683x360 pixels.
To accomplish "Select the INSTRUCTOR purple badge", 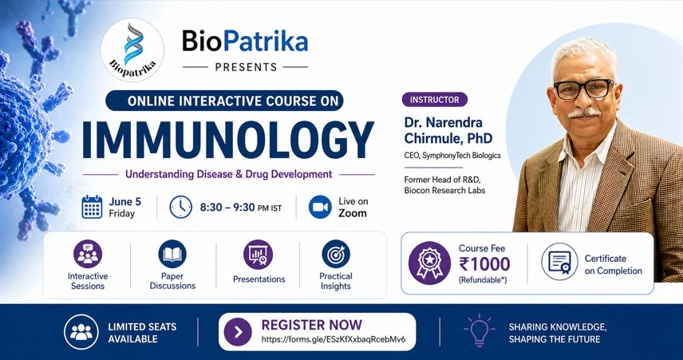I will pyautogui.click(x=434, y=100).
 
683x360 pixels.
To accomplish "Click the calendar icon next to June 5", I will pyautogui.click(x=92, y=207).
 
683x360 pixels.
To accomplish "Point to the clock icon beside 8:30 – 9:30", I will pyautogui.click(x=181, y=207).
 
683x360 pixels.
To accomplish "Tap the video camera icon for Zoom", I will pyautogui.click(x=319, y=207).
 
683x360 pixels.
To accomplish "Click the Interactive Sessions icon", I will pyautogui.click(x=88, y=255).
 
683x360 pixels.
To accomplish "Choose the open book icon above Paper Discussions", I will pyautogui.click(x=172, y=255).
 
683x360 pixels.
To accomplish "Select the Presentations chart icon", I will pyautogui.click(x=259, y=255).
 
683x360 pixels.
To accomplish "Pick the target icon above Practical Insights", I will pyautogui.click(x=336, y=255).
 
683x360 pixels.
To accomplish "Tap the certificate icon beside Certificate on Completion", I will pyautogui.click(x=559, y=263).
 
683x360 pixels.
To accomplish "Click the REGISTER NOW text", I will pyautogui.click(x=311, y=325).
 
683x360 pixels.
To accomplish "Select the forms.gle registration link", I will pyautogui.click(x=333, y=339).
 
